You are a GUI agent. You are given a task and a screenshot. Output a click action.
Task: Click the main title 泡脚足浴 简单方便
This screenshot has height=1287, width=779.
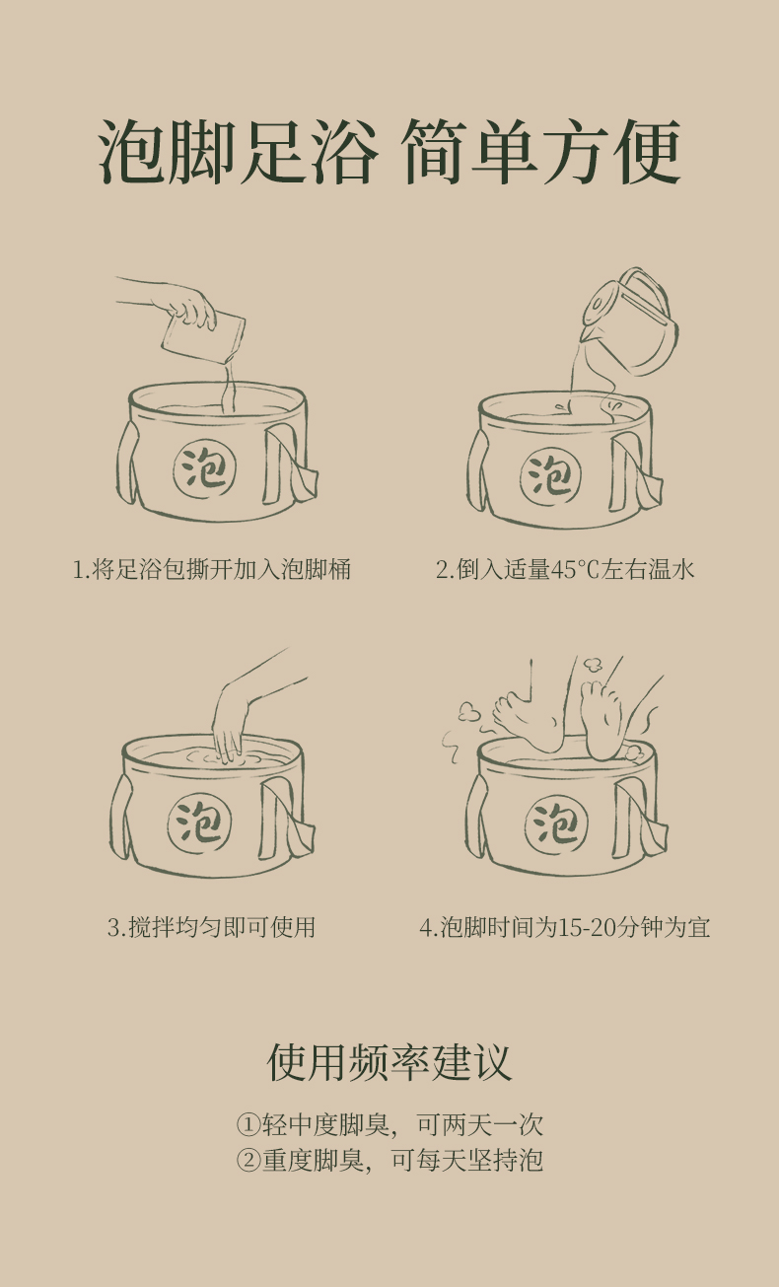coord(389,152)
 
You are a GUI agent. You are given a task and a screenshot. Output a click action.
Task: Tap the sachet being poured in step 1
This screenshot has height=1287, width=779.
coord(204,336)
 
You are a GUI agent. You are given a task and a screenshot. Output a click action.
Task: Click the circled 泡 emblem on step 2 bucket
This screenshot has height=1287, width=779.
coord(550,476)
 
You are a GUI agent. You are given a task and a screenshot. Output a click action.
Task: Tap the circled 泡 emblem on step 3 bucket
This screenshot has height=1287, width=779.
coord(200,822)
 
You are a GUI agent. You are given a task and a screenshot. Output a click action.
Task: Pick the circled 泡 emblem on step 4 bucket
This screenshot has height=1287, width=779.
coord(556,825)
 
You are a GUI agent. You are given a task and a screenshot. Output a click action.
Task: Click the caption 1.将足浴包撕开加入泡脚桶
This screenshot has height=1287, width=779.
coord(211,569)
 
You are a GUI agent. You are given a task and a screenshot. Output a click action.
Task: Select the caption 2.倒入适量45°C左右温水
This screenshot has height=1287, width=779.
coord(565,569)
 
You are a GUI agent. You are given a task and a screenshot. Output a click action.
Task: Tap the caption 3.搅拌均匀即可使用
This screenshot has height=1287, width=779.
coord(211,927)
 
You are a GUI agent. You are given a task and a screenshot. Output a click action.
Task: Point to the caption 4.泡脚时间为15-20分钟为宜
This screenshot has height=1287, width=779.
coord(565,927)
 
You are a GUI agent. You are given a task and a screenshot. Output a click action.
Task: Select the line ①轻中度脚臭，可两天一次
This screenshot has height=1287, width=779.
coord(389,1124)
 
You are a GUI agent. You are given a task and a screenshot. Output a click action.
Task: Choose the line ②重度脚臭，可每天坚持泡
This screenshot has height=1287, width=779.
coord(389,1160)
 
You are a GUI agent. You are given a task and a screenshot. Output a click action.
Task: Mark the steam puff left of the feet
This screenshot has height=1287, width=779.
coord(469,712)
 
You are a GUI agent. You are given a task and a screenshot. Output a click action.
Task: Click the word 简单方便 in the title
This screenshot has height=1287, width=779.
coord(541,152)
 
